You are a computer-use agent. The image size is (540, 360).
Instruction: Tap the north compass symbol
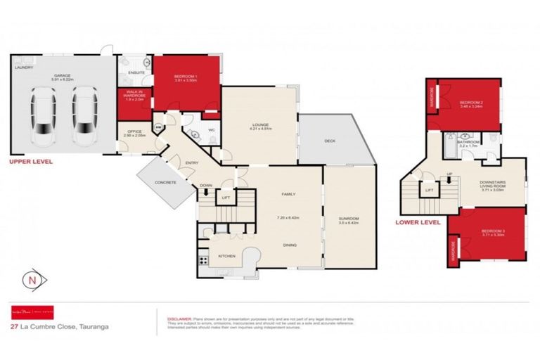coord(32,281)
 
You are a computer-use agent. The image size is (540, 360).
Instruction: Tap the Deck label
coord(329,141)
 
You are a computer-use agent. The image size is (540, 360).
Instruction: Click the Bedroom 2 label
coord(470,103)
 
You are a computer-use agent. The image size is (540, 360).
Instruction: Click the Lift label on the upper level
coord(225,198)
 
